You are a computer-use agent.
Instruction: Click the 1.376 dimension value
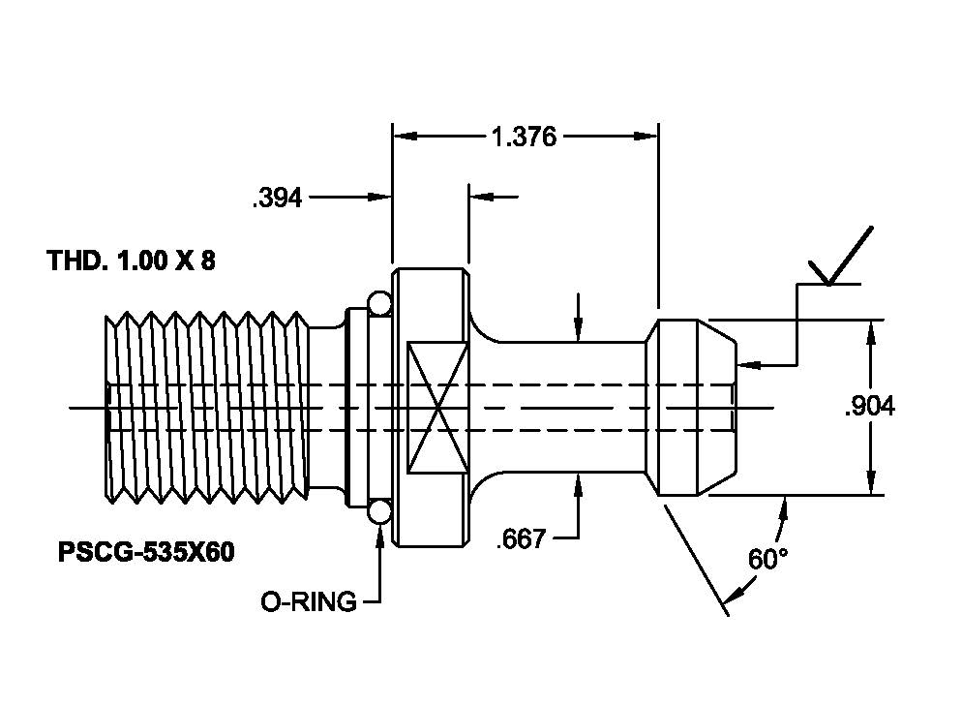click(x=525, y=137)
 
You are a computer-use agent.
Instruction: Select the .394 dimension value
click(x=278, y=199)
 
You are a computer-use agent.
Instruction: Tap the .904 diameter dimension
click(x=870, y=407)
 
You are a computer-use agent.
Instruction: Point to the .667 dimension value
click(x=521, y=539)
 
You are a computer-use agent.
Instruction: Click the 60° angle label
click(x=768, y=559)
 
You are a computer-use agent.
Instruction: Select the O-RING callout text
click(x=309, y=601)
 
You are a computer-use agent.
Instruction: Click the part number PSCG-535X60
click(x=146, y=552)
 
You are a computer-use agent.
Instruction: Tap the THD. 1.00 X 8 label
click(x=132, y=261)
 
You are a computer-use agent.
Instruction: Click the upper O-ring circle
click(x=379, y=303)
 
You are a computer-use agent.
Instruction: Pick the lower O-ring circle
click(x=379, y=511)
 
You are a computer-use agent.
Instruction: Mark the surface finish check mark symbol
click(x=839, y=257)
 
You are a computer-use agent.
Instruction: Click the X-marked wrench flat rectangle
click(x=438, y=408)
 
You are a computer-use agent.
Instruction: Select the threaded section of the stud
click(x=207, y=408)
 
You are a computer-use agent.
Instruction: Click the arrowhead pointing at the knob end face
click(x=749, y=365)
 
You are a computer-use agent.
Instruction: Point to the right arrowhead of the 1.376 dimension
click(x=646, y=136)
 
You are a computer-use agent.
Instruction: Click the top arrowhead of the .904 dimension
click(x=870, y=332)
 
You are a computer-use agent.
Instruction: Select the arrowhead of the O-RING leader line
click(x=379, y=537)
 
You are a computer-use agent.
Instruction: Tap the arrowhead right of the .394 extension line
click(x=482, y=197)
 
